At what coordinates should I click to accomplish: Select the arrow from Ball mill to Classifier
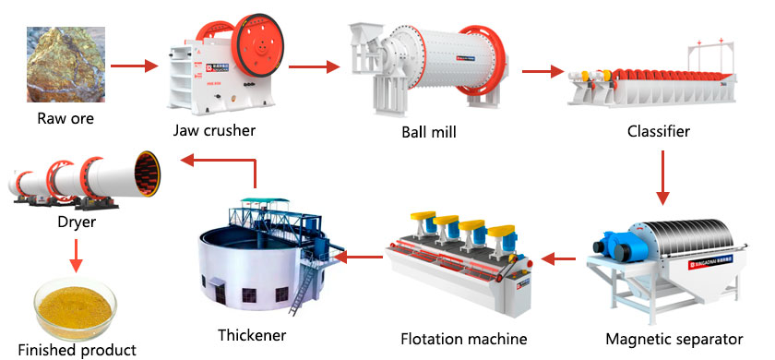click(542, 71)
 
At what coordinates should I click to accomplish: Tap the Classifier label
click(659, 132)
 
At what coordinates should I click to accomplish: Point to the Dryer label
click(76, 222)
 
